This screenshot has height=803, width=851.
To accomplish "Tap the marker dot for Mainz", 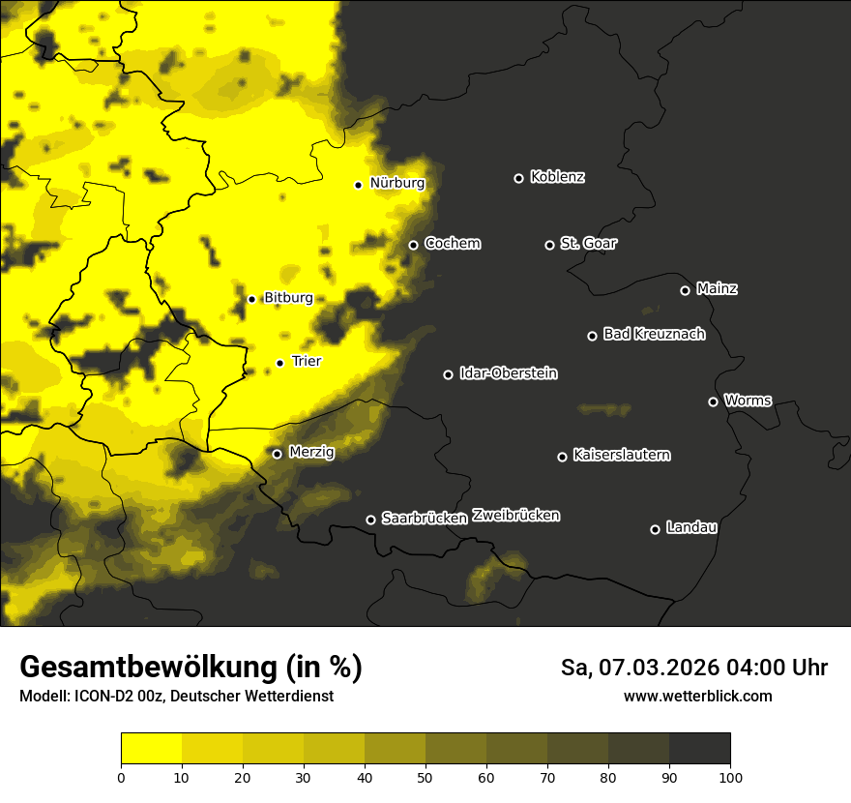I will click(685, 290).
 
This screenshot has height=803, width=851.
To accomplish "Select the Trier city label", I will click(307, 361).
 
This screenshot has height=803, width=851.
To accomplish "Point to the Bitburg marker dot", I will click(251, 299).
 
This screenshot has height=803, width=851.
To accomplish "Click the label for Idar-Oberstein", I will click(508, 373).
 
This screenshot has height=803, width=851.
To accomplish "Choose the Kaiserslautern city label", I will click(621, 455).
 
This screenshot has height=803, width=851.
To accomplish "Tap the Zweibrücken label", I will click(515, 516).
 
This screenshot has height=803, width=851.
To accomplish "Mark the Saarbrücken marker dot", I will click(370, 520).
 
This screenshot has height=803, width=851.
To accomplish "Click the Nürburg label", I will click(396, 183).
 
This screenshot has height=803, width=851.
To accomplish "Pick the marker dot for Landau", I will click(655, 529).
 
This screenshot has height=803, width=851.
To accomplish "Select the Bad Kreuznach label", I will click(654, 334).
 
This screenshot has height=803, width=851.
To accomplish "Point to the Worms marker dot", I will click(713, 401).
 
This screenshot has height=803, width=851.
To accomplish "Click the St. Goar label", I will click(588, 243).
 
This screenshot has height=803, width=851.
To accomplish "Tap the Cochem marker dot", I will click(413, 245).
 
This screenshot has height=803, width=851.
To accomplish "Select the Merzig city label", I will click(311, 452).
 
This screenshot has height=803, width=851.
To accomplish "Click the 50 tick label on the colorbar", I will click(425, 776).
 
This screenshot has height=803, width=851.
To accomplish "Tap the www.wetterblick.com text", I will click(697, 696).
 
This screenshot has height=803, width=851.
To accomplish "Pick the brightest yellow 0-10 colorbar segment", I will click(151, 748).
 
